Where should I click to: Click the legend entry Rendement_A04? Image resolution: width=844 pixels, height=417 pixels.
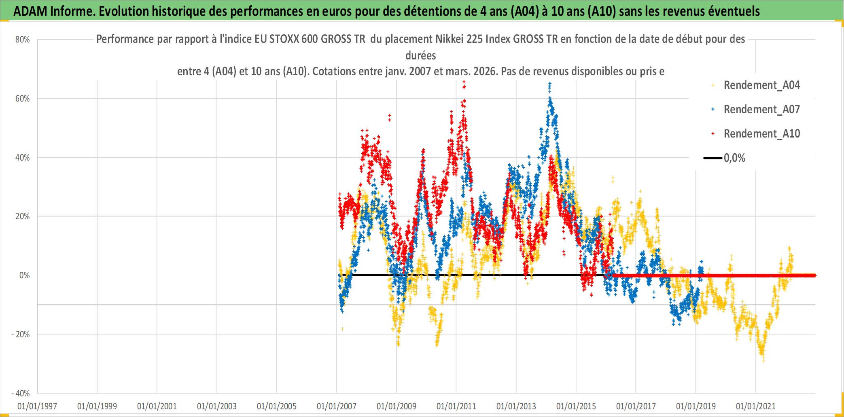coord(761,85)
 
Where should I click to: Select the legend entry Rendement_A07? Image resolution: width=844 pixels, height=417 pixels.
coord(761,110)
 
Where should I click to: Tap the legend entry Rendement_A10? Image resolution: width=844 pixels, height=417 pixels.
coord(761,134)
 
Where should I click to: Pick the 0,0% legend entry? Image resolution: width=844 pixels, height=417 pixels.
coord(734,158)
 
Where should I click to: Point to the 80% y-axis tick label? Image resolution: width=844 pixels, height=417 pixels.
coord(23,40)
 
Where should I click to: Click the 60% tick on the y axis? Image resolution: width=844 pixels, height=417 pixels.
coord(23,99)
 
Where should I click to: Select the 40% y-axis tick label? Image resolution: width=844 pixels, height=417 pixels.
coord(23,158)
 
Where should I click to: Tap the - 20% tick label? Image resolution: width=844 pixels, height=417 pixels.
coord(21,334)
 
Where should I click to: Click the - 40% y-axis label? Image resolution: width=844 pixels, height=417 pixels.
coord(21,394)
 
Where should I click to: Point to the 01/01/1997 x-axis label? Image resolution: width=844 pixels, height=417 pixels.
coord(37,406)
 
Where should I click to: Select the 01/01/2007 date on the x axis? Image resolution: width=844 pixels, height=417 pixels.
coord(337,406)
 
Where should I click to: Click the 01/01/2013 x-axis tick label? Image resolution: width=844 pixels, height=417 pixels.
coord(516,406)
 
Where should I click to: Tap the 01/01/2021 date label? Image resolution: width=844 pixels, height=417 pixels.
coord(756,406)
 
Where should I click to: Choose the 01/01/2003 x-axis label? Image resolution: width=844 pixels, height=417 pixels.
coord(217,406)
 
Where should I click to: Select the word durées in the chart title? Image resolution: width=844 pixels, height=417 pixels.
coord(421,55)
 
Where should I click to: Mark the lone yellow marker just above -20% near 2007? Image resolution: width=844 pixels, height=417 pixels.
coord(343,329)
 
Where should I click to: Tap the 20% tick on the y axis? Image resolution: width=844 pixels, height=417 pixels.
coord(23,216)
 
